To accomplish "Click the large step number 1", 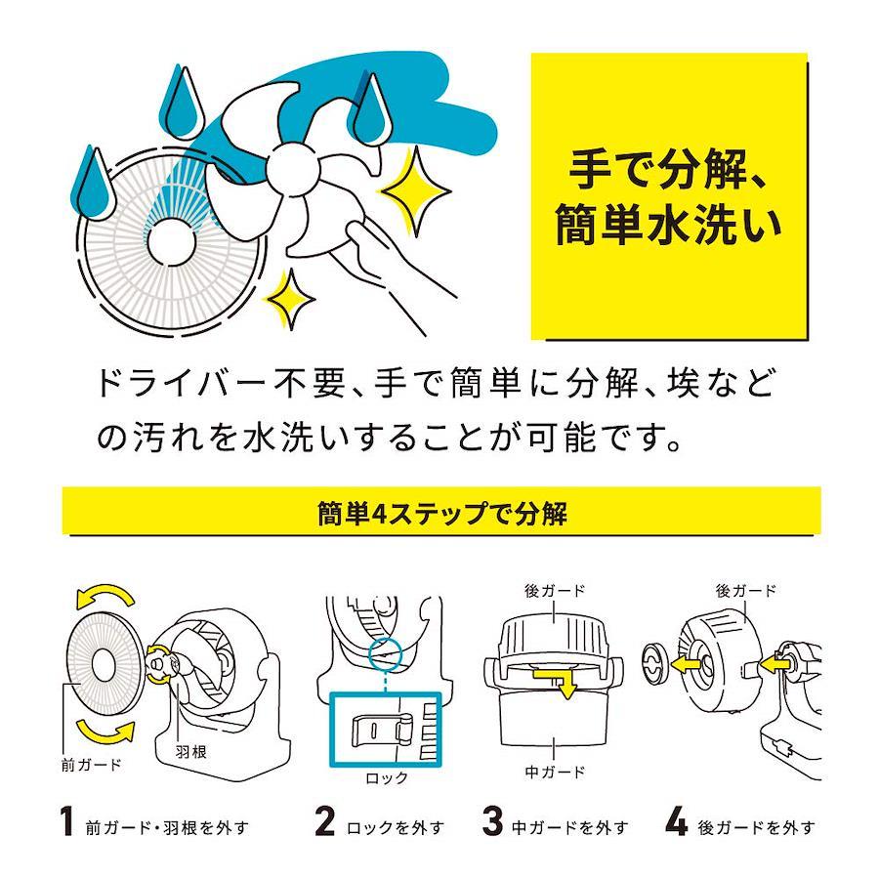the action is [x=67, y=821].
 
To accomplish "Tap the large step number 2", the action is [x=325, y=821].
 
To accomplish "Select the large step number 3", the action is [x=492, y=821].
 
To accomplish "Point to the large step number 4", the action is [x=676, y=821].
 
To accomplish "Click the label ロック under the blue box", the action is [x=386, y=778].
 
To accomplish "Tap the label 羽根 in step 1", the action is [x=190, y=751].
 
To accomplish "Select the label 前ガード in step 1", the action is [x=91, y=765].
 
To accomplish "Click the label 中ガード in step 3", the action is [x=555, y=772].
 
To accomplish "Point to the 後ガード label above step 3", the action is [x=555, y=591].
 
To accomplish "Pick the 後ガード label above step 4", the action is [x=745, y=591].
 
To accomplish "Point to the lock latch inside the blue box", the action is [x=382, y=732].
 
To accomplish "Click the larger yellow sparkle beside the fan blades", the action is [x=415, y=191].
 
